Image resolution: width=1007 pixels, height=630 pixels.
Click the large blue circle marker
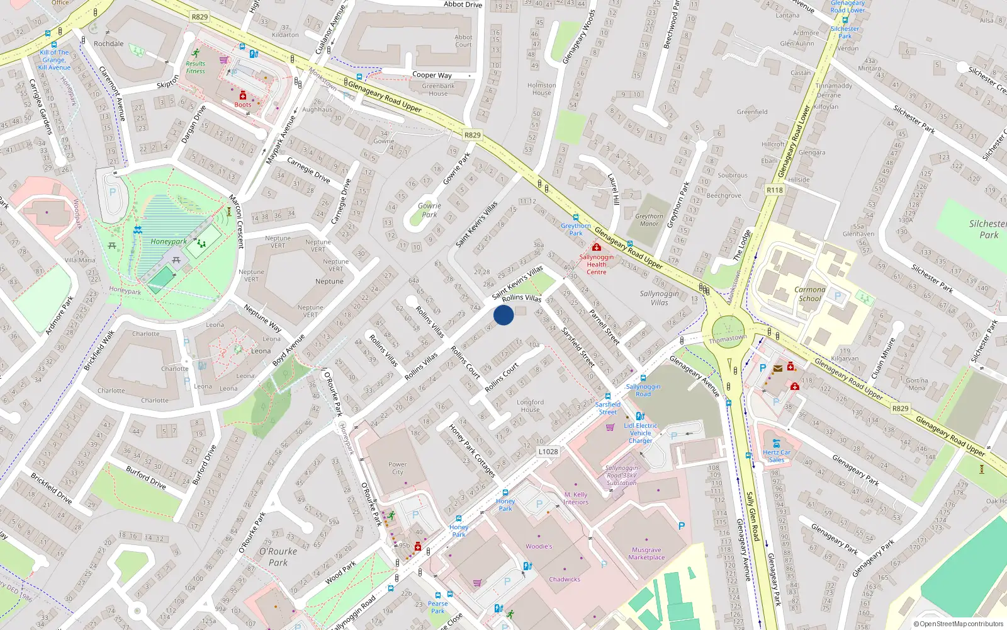pyautogui.click(x=503, y=315)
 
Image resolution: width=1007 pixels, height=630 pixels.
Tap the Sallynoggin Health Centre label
pyautogui.click(x=596, y=265)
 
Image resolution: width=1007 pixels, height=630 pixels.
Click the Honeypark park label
pyautogui.click(x=168, y=241)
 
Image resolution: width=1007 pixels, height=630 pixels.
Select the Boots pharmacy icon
pyautogui.click(x=242, y=96)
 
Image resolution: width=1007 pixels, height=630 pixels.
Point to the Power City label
pyautogui.click(x=397, y=468)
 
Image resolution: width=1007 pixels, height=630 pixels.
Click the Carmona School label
pyautogui.click(x=809, y=294)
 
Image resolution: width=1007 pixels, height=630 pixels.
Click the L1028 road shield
pyautogui.click(x=548, y=452)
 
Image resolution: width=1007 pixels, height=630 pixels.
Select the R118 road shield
pyautogui.click(x=774, y=190)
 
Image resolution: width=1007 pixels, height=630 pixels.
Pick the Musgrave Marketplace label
pyautogui.click(x=646, y=553)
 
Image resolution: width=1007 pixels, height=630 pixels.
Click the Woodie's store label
pyautogui.click(x=539, y=546)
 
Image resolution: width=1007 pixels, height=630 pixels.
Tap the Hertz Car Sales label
pyautogui.click(x=776, y=456)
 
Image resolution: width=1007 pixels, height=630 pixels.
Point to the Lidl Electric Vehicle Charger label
pyautogui.click(x=641, y=433)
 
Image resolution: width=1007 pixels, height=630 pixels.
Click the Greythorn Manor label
pyautogui.click(x=649, y=220)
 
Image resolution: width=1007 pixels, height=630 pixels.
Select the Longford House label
pyautogui.click(x=530, y=406)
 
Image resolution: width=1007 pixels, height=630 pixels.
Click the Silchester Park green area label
pyautogui.click(x=987, y=229)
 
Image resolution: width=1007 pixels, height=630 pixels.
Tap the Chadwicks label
pyautogui.click(x=565, y=579)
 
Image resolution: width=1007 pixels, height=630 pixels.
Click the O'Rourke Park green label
pyautogui.click(x=278, y=557)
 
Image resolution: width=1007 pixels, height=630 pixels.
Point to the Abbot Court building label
pyautogui.click(x=463, y=41)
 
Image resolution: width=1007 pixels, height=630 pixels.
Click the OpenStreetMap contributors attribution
pyautogui.click(x=958, y=624)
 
